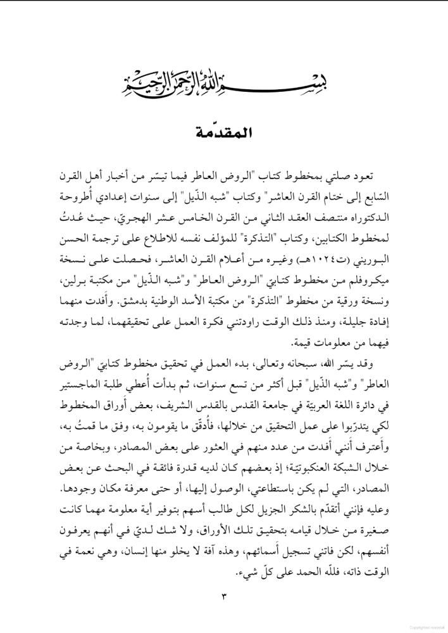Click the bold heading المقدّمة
(224, 134)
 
